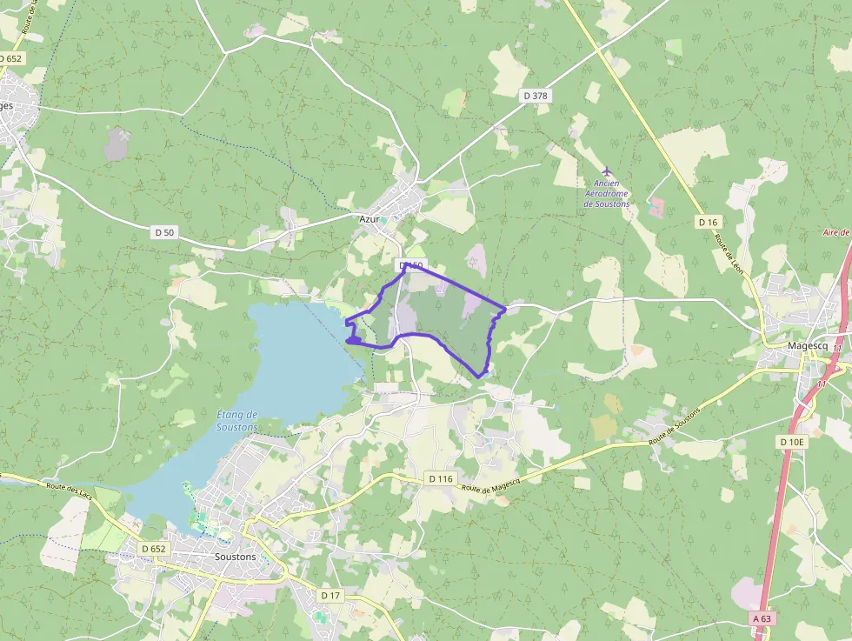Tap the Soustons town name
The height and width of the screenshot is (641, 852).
point(235,556)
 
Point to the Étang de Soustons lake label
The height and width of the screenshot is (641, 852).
point(236,421)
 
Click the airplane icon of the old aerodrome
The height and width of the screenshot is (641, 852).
point(607,170)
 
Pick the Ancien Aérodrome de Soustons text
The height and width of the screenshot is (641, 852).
point(607,193)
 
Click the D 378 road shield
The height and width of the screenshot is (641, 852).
point(536,95)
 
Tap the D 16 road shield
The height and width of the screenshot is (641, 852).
point(707,223)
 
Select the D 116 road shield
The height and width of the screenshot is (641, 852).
point(442,479)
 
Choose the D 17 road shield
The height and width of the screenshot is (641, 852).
point(330,595)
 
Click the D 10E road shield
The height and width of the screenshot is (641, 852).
point(792,442)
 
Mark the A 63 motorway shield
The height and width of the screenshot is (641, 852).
point(762,618)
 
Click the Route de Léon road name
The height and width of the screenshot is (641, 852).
point(729,252)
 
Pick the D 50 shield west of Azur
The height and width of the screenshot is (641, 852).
point(164,232)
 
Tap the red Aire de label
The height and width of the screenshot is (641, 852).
point(837,233)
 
